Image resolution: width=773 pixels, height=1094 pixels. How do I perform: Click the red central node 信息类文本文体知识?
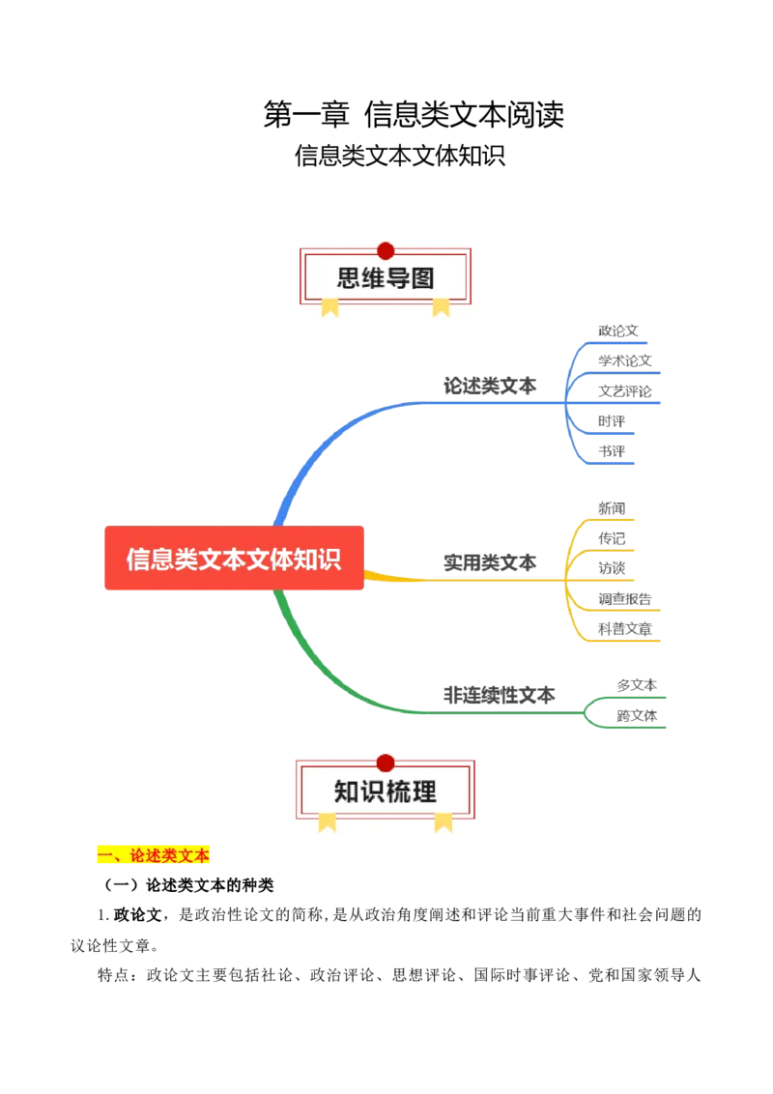pos(233,559)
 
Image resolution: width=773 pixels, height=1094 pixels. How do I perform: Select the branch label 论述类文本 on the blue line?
pos(489,385)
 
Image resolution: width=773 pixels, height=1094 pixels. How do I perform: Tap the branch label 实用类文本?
pos(489,561)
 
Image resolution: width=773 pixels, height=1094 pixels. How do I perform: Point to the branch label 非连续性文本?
pos(499,694)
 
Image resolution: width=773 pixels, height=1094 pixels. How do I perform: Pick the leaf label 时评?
pos(611,421)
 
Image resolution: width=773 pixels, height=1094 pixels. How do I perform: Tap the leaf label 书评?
pos(611,451)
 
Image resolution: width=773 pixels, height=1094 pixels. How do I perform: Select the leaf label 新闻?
pos(611,508)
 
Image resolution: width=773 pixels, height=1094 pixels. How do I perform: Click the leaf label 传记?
pos(611,537)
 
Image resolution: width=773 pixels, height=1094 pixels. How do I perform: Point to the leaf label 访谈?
pos(611,567)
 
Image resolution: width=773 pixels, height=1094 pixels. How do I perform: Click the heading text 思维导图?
pos(386,279)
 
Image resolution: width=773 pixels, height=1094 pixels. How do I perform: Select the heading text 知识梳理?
pos(386,792)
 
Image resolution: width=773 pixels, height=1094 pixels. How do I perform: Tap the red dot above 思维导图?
pos(386,251)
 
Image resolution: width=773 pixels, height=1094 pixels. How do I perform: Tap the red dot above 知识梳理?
pos(386,763)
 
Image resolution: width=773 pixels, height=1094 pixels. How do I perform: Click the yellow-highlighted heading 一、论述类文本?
pos(155,855)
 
